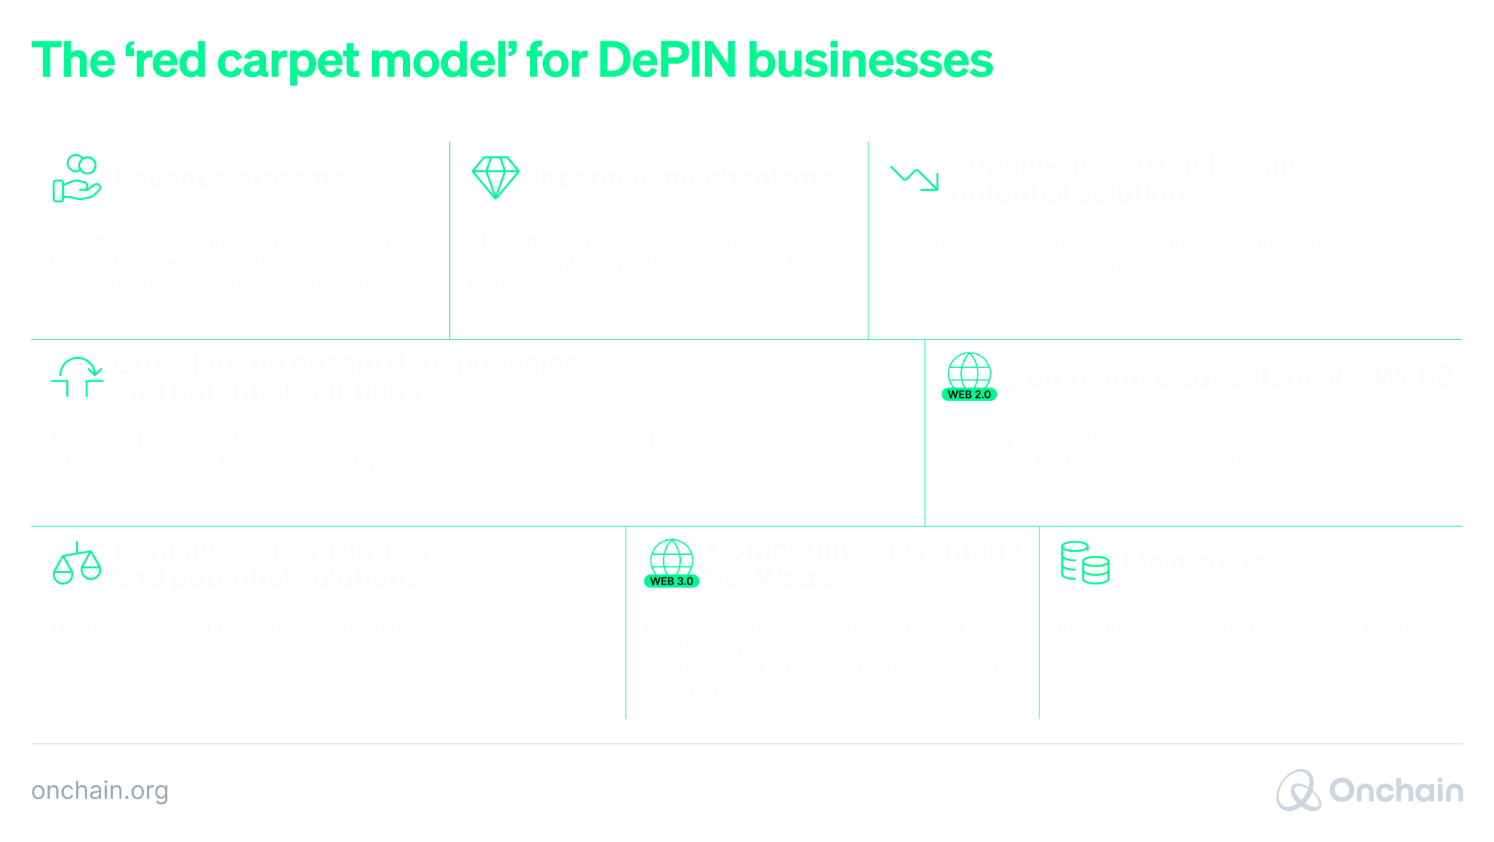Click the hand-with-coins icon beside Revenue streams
(x=75, y=178)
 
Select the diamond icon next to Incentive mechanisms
(x=495, y=177)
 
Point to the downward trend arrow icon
(x=914, y=178)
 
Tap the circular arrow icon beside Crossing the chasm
(x=77, y=377)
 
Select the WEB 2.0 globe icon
(x=970, y=377)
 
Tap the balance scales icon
(x=76, y=563)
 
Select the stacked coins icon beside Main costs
(x=1085, y=563)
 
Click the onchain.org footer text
(x=100, y=791)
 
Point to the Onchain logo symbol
(x=1298, y=791)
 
